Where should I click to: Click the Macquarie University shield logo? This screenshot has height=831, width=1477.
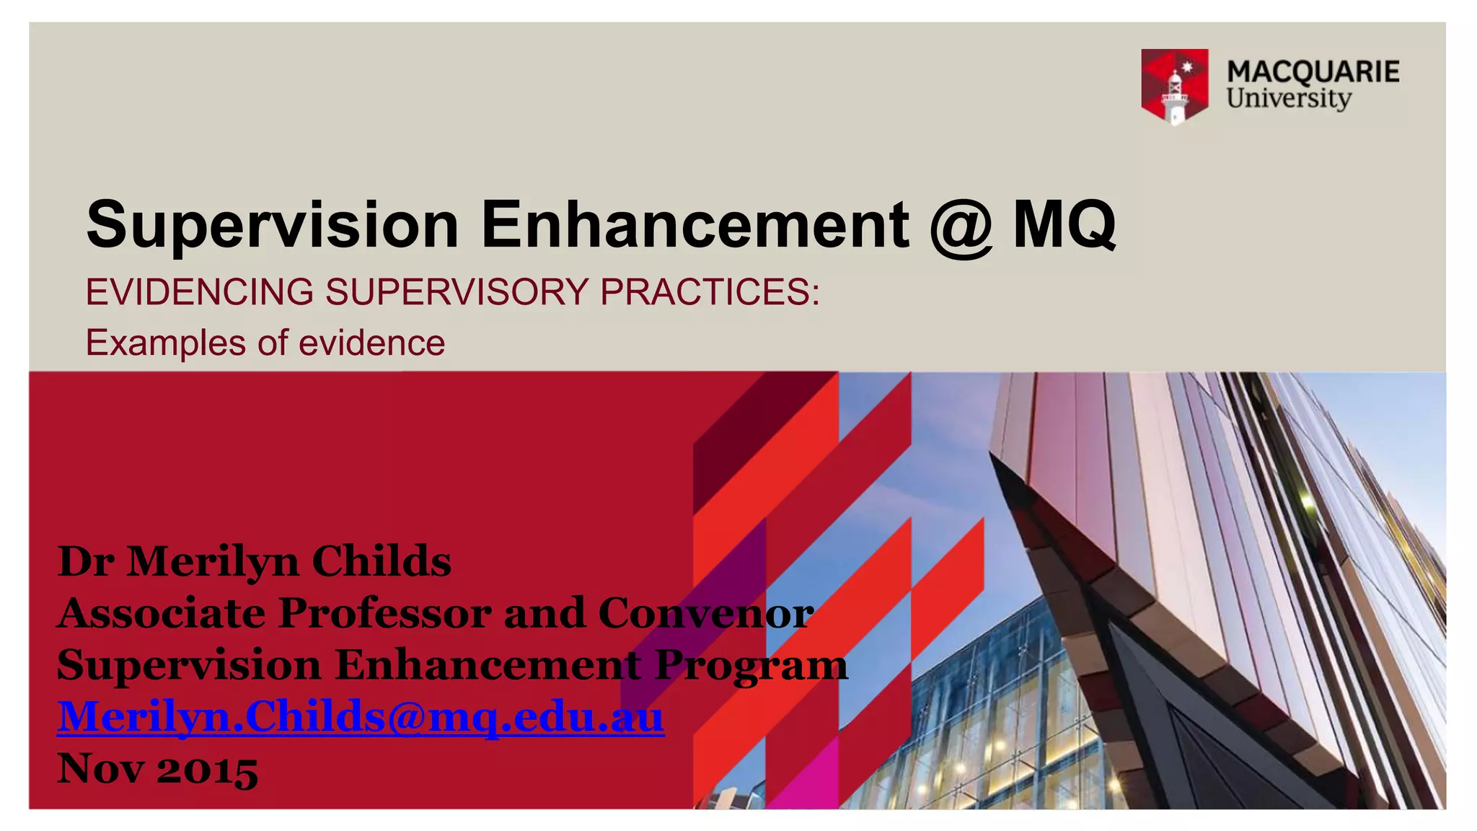[x=1174, y=86]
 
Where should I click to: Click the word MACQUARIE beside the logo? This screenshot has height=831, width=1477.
[x=1313, y=71]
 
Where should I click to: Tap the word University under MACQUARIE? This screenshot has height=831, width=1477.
[x=1289, y=98]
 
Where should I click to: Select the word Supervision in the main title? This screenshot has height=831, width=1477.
[x=273, y=224]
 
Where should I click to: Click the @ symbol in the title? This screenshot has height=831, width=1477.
[x=961, y=226]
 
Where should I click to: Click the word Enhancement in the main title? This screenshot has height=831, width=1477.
[x=694, y=224]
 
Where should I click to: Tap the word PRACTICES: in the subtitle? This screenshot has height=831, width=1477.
[x=710, y=292]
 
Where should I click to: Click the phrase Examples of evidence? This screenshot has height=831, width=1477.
[x=265, y=343]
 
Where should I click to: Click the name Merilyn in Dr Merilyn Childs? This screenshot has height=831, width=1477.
[x=213, y=562]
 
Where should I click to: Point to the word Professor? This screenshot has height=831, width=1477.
[x=384, y=613]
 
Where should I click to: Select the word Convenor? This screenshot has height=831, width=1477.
[x=705, y=613]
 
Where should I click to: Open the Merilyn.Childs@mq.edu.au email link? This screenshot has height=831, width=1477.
[x=361, y=717]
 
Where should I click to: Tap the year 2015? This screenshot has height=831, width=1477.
[x=207, y=769]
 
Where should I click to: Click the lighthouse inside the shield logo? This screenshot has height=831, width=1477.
[x=1175, y=94]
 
